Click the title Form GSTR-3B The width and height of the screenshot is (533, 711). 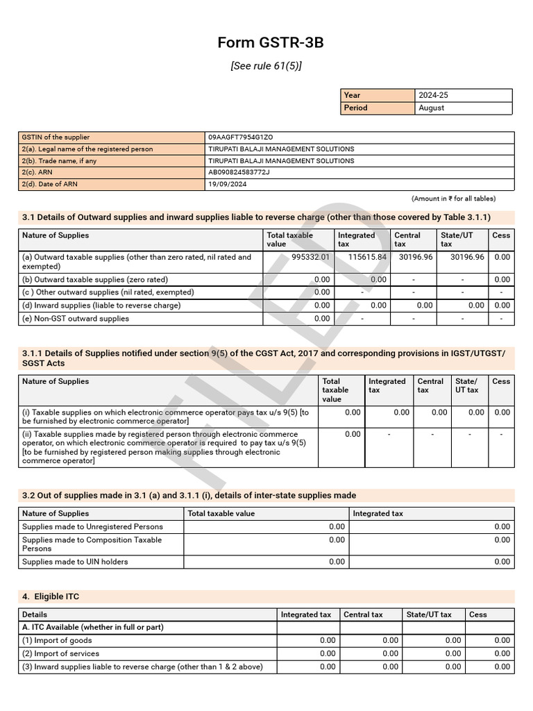pos(270,43)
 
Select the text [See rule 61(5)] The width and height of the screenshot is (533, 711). pos(266,66)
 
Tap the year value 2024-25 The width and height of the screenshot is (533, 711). pos(434,95)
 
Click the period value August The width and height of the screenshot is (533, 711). pos(432,108)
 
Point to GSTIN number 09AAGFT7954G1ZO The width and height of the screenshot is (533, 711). pos(246,137)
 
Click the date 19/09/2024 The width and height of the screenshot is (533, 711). pos(227,184)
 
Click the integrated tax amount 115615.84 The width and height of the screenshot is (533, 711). pos(367,257)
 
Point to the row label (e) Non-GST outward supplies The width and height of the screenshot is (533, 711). pos(76,319)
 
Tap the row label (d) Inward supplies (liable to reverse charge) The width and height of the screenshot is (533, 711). pos(101,306)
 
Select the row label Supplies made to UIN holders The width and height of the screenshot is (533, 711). pos(75,562)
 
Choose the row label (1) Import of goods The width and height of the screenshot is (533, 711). pos(57,640)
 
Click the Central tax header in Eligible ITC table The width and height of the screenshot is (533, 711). pos(363,614)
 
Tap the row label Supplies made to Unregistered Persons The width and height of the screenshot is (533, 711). pos(92,526)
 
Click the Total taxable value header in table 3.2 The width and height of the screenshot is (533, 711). pos(221,514)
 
